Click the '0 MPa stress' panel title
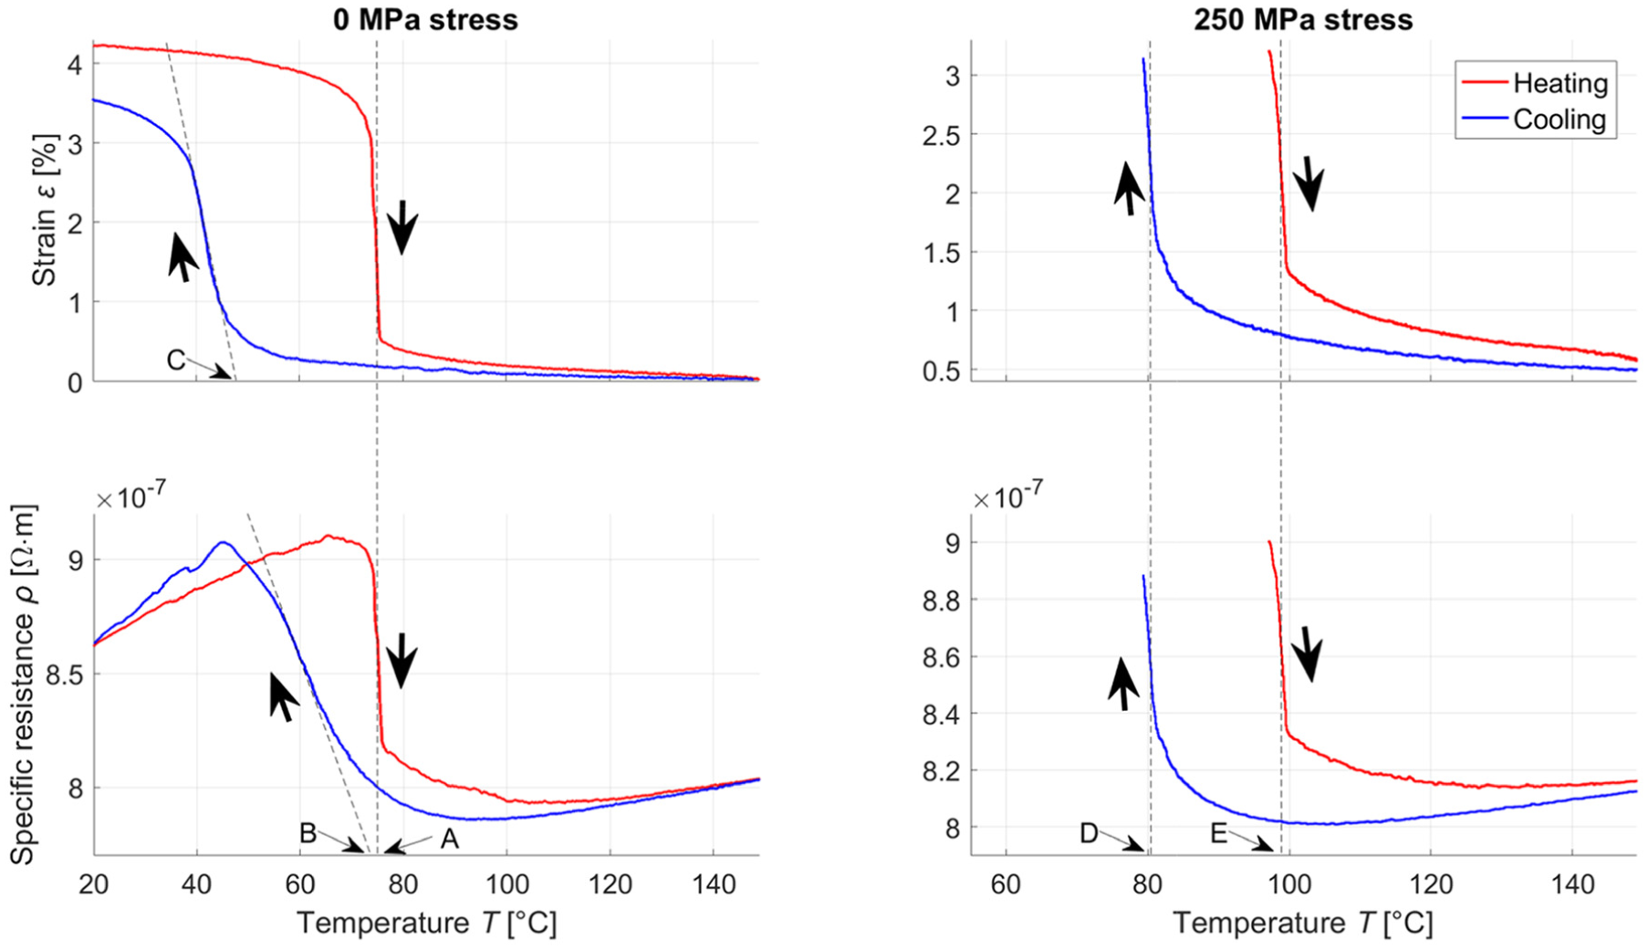coord(425,19)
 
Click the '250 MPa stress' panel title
coord(1303,19)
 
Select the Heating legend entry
coord(1535,83)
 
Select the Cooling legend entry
coord(1535,120)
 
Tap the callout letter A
coord(449,838)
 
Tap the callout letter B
coord(308,833)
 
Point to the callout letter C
coord(176,360)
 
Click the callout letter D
coord(1089,833)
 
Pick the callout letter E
coord(1219,833)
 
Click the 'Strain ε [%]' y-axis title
coord(45,211)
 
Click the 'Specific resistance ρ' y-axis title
coord(22,684)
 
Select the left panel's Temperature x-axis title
coord(426,924)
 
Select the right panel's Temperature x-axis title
coord(1303,924)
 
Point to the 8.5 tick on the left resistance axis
coord(63,675)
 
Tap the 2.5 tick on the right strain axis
coord(941,135)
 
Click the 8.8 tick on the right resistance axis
coord(942,600)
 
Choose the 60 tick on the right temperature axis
coord(1006,884)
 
